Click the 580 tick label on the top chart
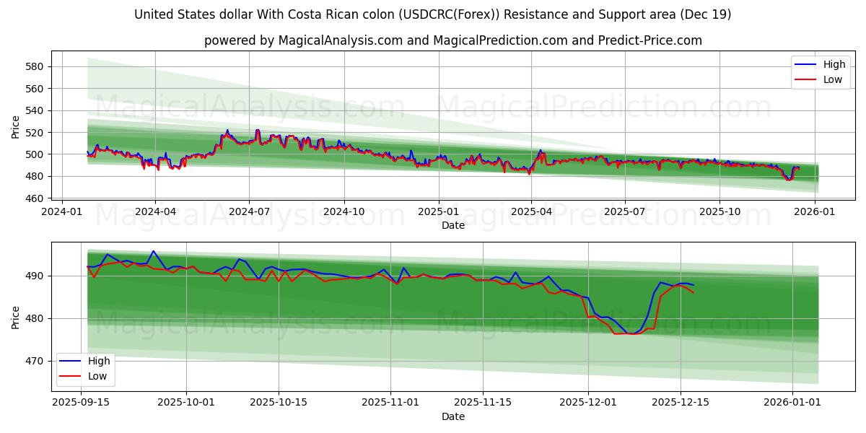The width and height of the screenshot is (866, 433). coord(35,66)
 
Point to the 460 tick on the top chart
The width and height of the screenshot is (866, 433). coord(35,198)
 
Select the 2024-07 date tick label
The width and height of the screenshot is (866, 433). coord(249,211)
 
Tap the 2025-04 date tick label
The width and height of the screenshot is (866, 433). coord(531,211)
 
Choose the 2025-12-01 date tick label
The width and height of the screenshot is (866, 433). coord(588,402)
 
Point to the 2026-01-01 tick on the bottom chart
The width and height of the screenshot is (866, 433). coord(792,402)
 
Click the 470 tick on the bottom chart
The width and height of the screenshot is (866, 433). coord(35,361)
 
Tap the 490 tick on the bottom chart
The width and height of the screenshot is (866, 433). coord(35,276)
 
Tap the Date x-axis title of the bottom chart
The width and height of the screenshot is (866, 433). coord(453,416)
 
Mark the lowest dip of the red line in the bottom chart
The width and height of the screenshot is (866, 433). coord(629,334)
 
